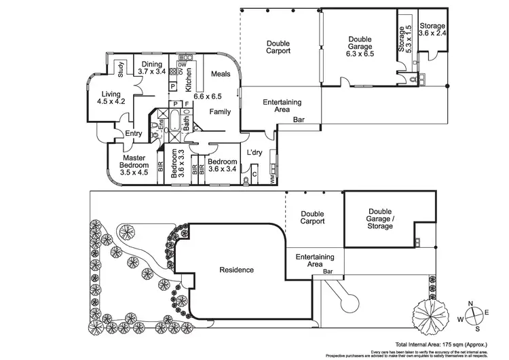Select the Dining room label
click(152, 65)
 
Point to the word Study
click(119, 69)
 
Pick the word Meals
click(221, 74)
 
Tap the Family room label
click(219, 111)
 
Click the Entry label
click(133, 134)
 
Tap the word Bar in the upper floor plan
click(298, 120)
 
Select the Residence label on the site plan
click(237, 270)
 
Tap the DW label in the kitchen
click(182, 65)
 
